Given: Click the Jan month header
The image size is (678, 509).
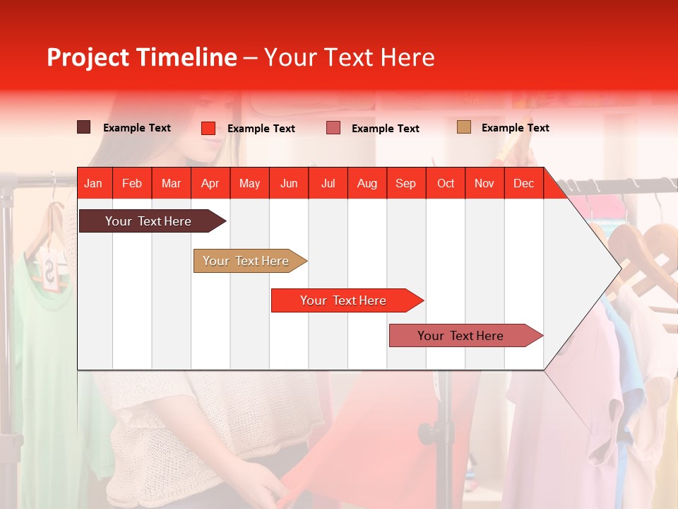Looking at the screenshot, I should coord(93,183).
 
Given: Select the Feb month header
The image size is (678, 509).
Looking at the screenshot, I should coord(132,183).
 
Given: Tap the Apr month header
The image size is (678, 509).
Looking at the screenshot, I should coord(210,183).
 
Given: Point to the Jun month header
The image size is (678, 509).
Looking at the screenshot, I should coord(289,183).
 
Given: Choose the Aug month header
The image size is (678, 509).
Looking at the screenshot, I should coord(367,183).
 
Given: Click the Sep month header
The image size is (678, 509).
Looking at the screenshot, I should coord(405,183).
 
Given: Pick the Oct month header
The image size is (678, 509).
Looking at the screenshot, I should coord(446,183).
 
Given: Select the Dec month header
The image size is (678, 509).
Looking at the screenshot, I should coord(523,183).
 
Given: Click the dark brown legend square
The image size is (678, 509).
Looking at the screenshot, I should coord(83,127).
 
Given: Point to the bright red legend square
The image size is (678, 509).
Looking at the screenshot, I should coord(208,128).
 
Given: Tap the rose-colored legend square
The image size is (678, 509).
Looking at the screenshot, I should coord(333,128).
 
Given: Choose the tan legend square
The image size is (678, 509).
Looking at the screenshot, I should coord(463,127).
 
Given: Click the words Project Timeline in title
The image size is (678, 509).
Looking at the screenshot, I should coord(142,57).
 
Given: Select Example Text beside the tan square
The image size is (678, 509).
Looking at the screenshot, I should coord(515,128).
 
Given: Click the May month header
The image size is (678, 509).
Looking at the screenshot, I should coord(249,183).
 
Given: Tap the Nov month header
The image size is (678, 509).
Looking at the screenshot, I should coord(484,183).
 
